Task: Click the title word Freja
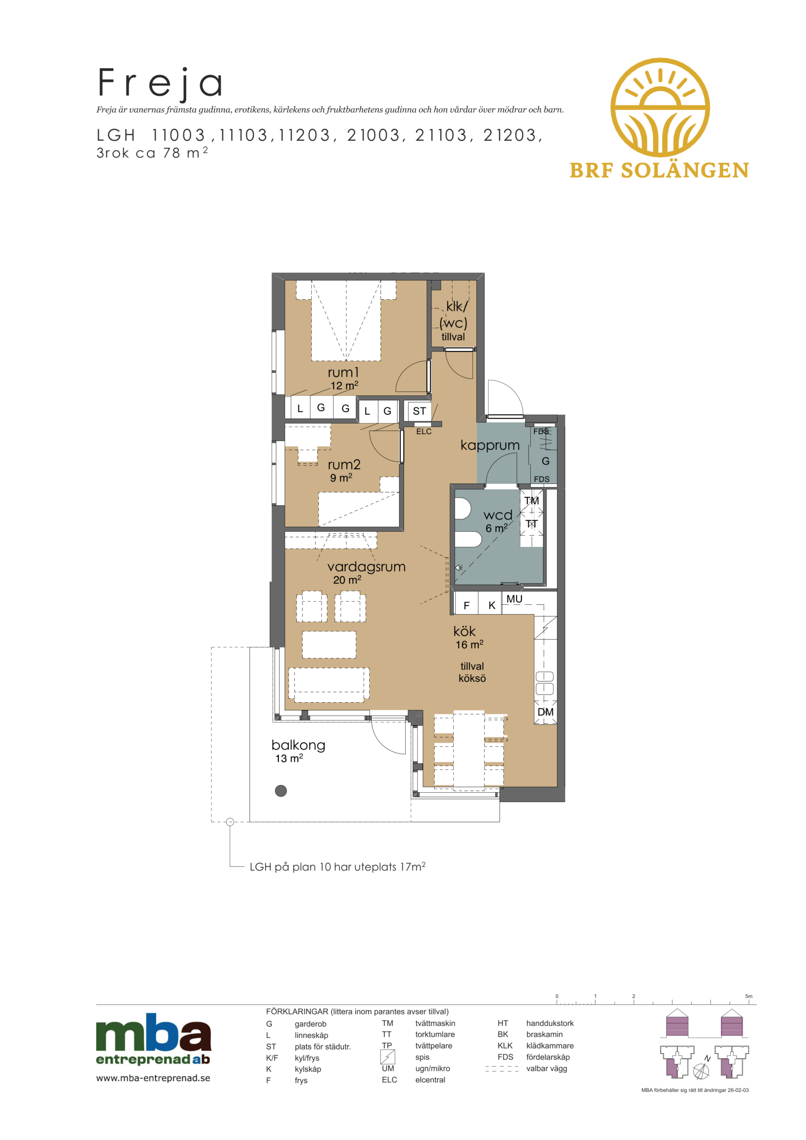coord(160,83)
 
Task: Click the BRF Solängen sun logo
coord(659,107)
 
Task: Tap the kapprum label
coord(490,445)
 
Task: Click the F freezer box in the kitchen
coord(466,603)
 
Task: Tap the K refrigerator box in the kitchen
coord(490,603)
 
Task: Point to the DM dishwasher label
coord(545,712)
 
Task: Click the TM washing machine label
coord(531,501)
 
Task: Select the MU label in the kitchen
coord(514,599)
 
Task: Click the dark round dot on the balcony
coord(281,791)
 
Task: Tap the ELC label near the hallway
coord(423,432)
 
